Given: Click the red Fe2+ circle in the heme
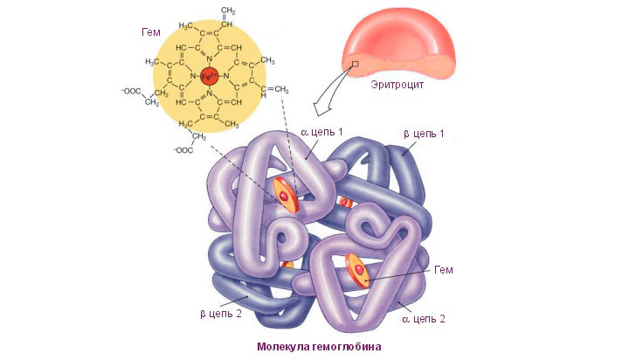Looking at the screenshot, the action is [209, 76].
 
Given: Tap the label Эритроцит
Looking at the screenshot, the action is [397, 85].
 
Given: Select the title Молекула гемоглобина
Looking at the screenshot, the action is [319, 346].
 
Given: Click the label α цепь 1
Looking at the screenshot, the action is [321, 132].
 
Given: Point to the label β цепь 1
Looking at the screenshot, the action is [424, 134].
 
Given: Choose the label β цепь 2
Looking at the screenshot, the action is [221, 314].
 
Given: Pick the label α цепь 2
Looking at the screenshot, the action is [423, 319].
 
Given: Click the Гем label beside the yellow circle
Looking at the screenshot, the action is [151, 32].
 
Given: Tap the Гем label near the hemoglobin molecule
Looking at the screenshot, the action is [443, 270].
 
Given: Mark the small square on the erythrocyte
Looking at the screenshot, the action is [355, 64].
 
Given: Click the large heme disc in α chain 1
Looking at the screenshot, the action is [286, 195].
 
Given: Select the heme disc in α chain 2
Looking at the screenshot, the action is [358, 270].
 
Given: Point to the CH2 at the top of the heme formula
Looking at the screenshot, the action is [227, 11].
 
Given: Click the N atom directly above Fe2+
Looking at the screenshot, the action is [209, 59].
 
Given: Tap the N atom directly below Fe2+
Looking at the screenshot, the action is [209, 93].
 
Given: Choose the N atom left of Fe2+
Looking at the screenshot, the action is [193, 76].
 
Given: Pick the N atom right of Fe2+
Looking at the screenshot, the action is [226, 76].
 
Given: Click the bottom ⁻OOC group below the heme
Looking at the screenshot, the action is [183, 150].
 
